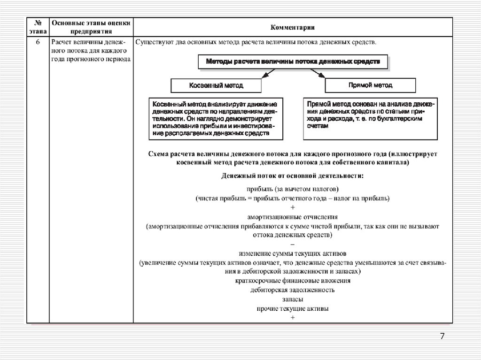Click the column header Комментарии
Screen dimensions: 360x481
(292, 27)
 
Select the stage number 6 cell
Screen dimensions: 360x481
(38, 42)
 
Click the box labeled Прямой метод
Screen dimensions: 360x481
(371, 85)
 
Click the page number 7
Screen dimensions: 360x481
(442, 337)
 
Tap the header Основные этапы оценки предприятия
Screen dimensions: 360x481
(91, 27)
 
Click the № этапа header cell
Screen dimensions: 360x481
(38, 27)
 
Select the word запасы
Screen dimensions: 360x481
(292, 299)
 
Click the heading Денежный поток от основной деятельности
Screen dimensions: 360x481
(292, 176)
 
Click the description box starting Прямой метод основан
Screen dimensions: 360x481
(370, 119)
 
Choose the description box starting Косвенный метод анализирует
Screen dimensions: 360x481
(216, 119)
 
